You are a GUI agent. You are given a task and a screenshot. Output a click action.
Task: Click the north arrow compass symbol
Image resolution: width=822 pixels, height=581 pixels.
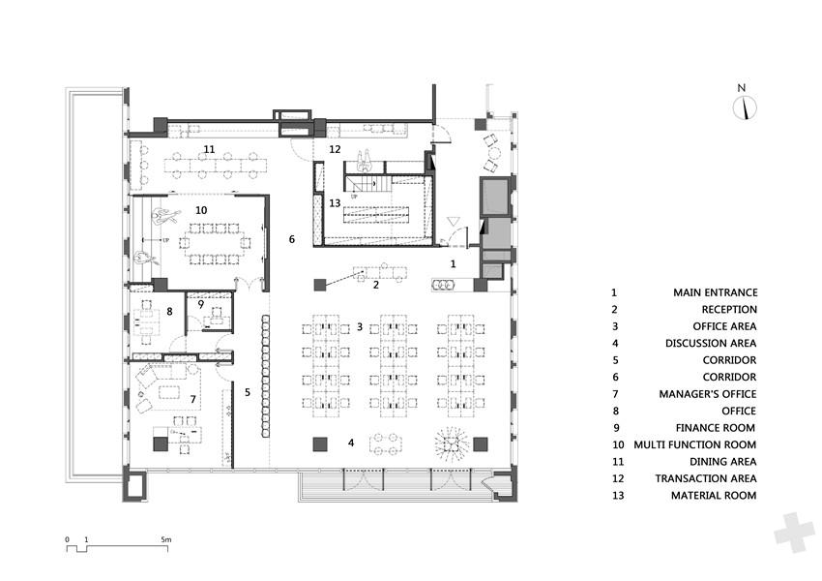745,107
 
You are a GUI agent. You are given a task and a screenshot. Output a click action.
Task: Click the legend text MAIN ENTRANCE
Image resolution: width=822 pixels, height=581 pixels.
715,292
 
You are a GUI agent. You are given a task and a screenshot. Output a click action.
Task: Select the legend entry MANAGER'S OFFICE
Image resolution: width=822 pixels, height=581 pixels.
708,394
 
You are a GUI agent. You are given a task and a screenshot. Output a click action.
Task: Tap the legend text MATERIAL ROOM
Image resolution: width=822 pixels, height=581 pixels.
714,496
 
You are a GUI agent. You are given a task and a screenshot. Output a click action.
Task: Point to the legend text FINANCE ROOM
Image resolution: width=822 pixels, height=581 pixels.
715,428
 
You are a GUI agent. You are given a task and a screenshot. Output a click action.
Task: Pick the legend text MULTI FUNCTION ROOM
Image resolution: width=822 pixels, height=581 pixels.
694,445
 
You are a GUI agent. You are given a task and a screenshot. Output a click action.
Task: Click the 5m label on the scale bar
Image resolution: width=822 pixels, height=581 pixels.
166,539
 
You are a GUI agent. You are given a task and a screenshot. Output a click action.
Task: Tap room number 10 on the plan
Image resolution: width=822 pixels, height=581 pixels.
201,210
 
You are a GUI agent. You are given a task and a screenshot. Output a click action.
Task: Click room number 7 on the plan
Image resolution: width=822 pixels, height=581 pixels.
192,399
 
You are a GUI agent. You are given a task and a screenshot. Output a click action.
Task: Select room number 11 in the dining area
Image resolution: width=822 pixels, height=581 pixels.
209,149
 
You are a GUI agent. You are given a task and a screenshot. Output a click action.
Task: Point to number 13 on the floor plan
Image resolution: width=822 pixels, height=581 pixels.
335,203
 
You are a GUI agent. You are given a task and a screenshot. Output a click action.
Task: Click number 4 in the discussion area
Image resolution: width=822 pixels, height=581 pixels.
351,443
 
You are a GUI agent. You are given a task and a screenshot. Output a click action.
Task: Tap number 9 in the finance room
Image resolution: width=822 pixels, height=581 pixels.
201,304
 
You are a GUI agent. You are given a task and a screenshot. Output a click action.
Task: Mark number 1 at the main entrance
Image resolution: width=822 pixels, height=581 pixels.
454,264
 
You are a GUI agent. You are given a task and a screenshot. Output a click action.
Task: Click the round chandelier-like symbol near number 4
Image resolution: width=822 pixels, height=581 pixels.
451,444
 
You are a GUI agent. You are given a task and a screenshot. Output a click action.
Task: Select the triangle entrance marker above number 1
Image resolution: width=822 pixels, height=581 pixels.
454,222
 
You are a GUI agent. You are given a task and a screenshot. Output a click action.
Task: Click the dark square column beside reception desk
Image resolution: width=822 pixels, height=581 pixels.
320,285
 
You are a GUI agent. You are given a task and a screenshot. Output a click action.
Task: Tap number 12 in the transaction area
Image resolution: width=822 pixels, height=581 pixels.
335,149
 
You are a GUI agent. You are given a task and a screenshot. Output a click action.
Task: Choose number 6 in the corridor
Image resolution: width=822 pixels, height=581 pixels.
292,239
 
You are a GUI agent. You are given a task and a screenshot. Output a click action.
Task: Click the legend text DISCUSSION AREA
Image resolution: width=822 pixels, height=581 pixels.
711,343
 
